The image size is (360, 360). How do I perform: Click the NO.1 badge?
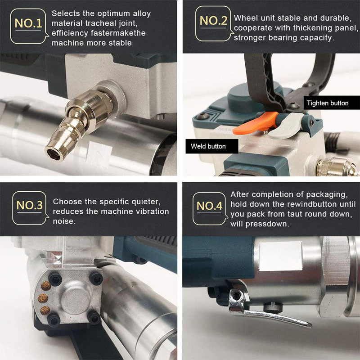[28, 26]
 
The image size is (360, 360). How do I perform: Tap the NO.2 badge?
[213, 24]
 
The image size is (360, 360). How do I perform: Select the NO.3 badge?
[30, 208]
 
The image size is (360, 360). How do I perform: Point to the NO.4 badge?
[210, 208]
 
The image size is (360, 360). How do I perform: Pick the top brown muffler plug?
[46, 286]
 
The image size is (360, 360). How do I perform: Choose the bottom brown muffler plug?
[45, 310]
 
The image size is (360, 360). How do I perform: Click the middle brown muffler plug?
[43, 298]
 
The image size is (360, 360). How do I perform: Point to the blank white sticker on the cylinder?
[280, 256]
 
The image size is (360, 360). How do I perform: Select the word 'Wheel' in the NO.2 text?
[244, 18]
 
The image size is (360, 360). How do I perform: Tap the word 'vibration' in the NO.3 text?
[153, 211]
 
